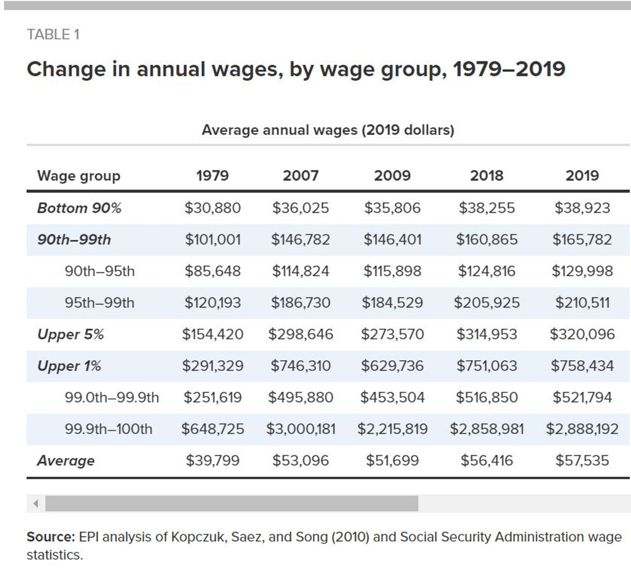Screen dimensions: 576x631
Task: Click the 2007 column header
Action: pyautogui.click(x=300, y=175)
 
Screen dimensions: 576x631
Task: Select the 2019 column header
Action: pyautogui.click(x=582, y=175)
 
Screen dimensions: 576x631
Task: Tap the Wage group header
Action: pyautogui.click(x=78, y=176)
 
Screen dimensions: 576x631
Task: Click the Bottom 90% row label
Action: pyautogui.click(x=79, y=208)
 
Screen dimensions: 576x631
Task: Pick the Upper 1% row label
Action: pyautogui.click(x=69, y=366)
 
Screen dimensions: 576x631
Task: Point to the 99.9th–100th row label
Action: pyautogui.click(x=108, y=429)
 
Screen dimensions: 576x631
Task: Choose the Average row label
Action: pyautogui.click(x=66, y=461)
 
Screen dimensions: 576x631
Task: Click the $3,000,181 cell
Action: pyautogui.click(x=301, y=429)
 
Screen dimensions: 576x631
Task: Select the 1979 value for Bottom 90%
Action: pyautogui.click(x=212, y=208)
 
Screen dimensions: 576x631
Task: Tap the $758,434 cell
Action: pyautogui.click(x=582, y=366)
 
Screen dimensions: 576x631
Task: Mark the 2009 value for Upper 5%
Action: pyautogui.click(x=392, y=334)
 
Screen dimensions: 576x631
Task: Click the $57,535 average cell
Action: pyautogui.click(x=582, y=460)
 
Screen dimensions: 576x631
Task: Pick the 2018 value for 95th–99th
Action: pyautogui.click(x=487, y=303)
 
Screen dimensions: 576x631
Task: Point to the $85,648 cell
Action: pyautogui.click(x=212, y=271)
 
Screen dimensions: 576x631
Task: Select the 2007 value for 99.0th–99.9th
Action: pyautogui.click(x=301, y=397)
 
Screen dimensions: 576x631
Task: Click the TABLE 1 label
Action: pyautogui.click(x=53, y=34)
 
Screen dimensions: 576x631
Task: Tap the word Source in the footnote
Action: pyautogui.click(x=50, y=537)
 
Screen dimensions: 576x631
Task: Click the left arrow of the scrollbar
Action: pyautogui.click(x=35, y=504)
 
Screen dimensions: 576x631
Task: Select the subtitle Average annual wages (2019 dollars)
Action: pyautogui.click(x=328, y=130)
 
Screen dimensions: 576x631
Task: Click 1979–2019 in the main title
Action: pyautogui.click(x=509, y=69)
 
